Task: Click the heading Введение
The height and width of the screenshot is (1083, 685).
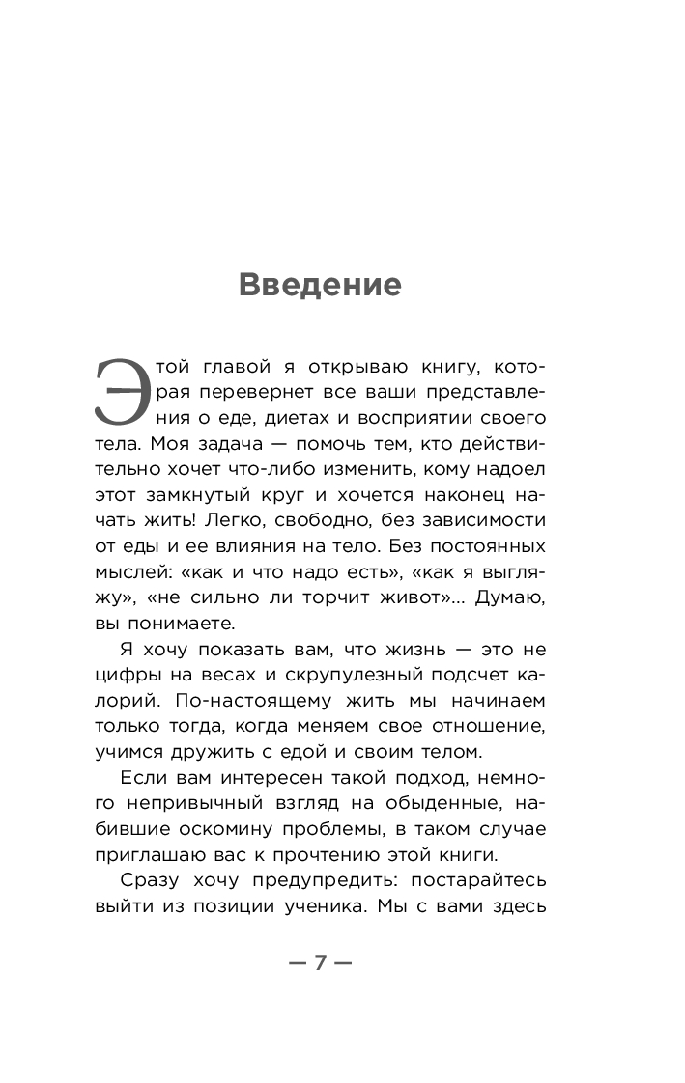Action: click(319, 286)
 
